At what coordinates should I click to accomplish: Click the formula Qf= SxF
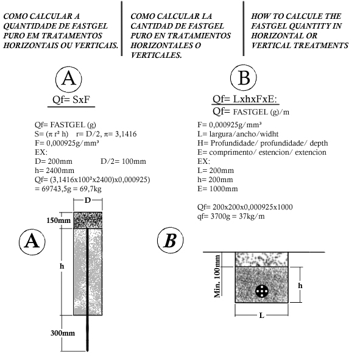point(71,100)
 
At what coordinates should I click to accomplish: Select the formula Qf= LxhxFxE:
point(245,99)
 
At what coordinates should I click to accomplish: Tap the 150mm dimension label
point(58,221)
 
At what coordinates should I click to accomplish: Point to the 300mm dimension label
point(63,333)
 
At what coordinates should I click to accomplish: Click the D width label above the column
point(88,200)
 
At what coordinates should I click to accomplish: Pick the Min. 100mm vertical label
point(217,277)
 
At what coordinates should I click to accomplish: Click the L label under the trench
point(261,316)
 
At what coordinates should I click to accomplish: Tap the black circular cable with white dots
point(262,291)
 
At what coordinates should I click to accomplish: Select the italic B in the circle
point(170,241)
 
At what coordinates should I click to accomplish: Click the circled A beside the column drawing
point(32,242)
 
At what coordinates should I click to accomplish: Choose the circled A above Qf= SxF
point(69,79)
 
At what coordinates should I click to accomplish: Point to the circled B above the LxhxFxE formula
point(244,77)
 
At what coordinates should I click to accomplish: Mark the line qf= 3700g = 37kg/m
point(231,216)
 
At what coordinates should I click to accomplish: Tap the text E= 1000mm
point(217,189)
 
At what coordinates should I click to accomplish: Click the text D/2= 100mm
point(123,161)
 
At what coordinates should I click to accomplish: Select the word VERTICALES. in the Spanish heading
point(157,55)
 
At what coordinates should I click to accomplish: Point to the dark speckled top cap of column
point(88,220)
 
